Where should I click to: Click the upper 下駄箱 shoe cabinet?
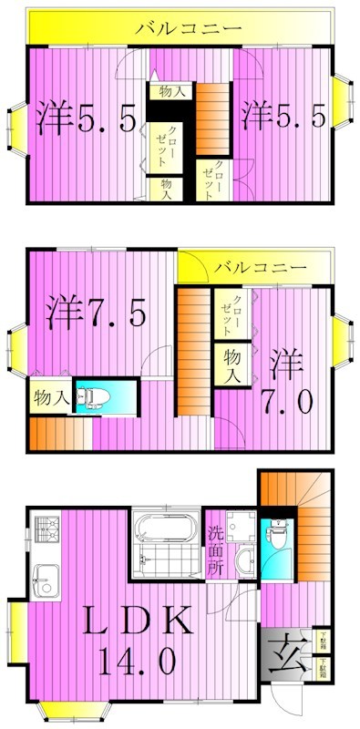point(324,642)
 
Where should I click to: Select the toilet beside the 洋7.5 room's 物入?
point(92,397)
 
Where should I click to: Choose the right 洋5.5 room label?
point(283,116)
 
